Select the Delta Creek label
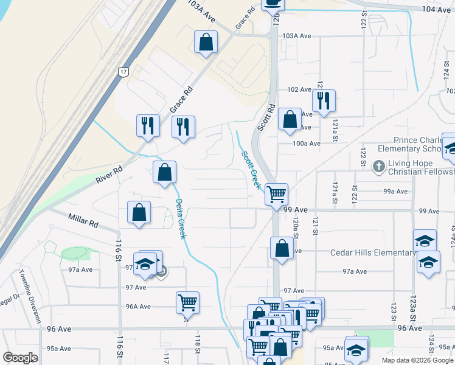tap(180, 219)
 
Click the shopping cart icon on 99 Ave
tap(277, 194)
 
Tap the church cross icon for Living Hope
tap(378, 165)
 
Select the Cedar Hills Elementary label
tap(373, 252)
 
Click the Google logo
tap(20, 358)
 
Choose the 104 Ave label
tap(437, 10)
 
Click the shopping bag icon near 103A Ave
tap(206, 42)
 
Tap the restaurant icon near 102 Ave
tap(324, 100)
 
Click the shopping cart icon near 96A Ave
tap(187, 302)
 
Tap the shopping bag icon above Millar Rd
tap(139, 212)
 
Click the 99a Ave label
tap(395, 191)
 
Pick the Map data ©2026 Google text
tap(417, 360)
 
